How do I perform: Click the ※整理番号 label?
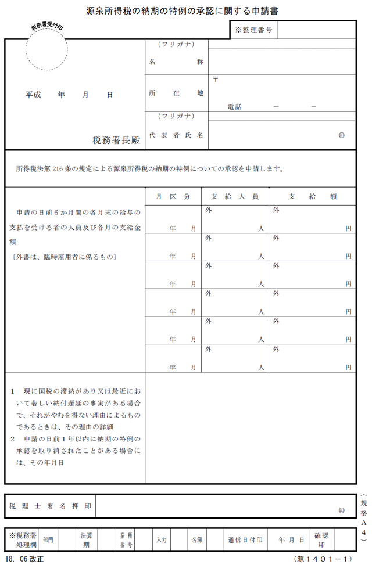[x=255, y=29]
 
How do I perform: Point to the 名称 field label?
[x=176, y=62]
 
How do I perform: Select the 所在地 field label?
[x=176, y=93]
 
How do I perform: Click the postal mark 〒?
[x=216, y=79]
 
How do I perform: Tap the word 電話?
[x=235, y=107]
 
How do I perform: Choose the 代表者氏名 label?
[x=176, y=135]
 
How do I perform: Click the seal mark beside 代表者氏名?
[x=341, y=135]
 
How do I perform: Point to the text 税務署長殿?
[x=116, y=141]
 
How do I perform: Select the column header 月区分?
[x=173, y=196]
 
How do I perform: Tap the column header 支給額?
[x=312, y=196]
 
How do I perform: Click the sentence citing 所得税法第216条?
[x=150, y=170]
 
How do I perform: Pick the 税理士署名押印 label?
[x=50, y=506]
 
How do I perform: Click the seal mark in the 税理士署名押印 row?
[x=341, y=510]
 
